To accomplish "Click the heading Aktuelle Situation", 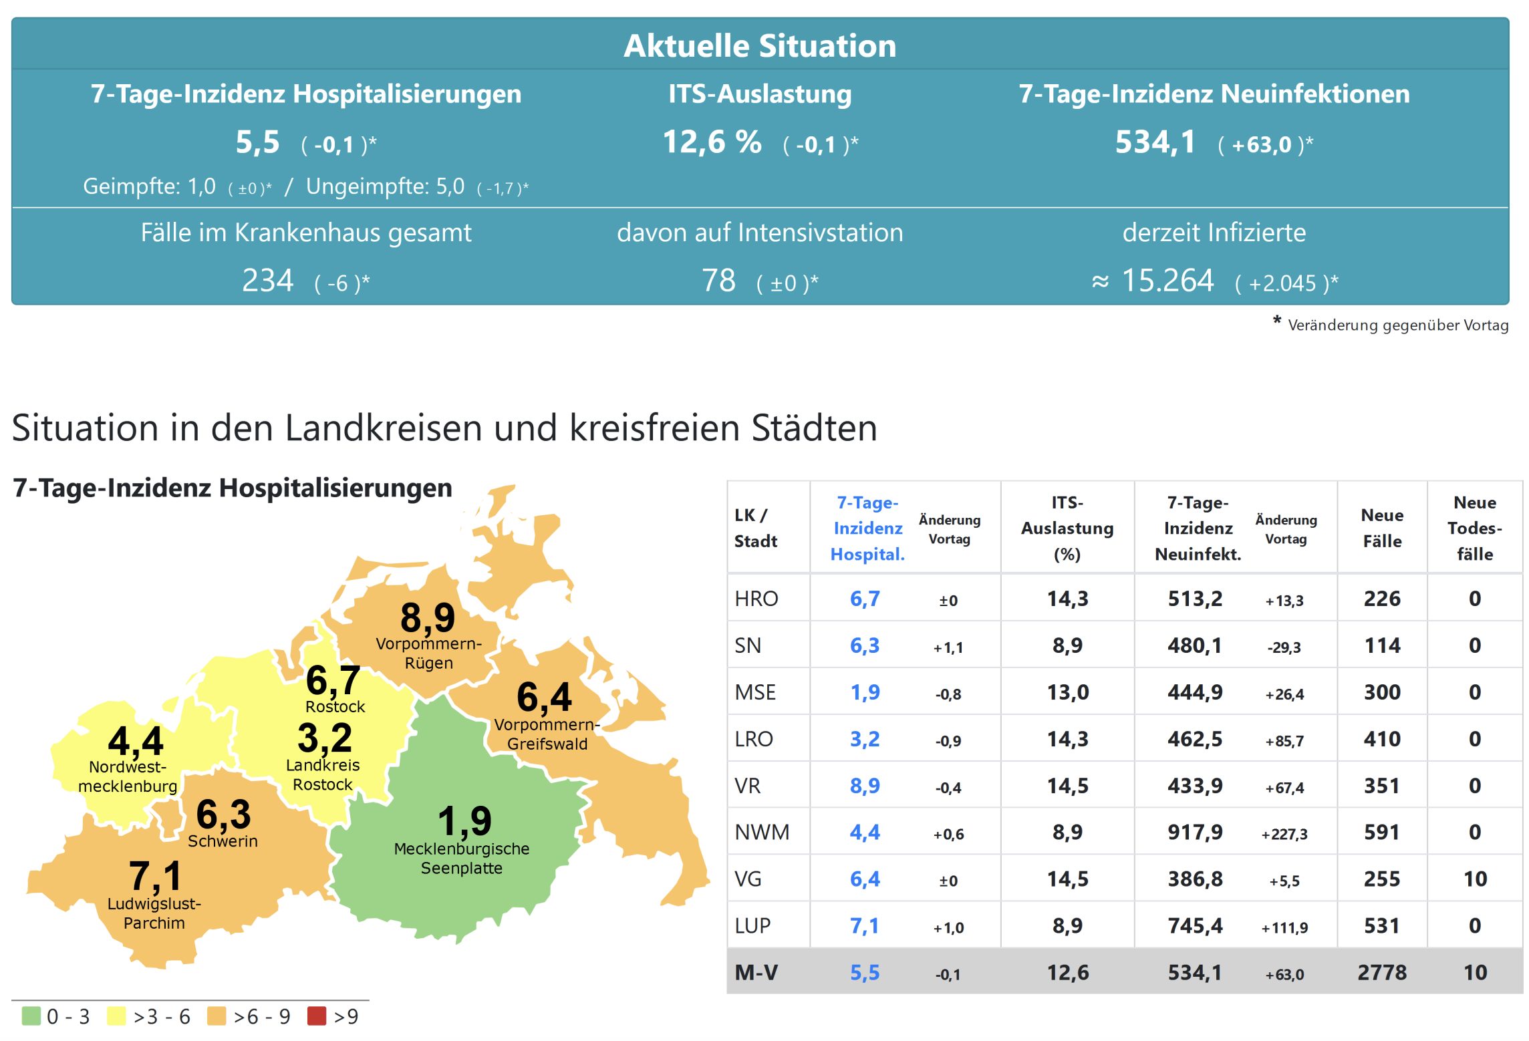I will (759, 46).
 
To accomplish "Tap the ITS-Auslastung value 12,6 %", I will (712, 142).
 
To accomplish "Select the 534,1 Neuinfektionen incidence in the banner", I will (1155, 142).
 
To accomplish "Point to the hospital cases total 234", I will (267, 281).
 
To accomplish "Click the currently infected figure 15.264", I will (1167, 281).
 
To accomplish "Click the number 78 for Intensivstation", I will (718, 281).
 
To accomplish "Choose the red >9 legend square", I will (316, 1016).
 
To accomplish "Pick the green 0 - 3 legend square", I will (31, 1016).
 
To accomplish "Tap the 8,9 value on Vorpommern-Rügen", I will (428, 617).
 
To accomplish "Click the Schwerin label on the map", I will (223, 841).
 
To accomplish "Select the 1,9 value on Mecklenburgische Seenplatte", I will (464, 821).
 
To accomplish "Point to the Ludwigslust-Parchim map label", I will (154, 913).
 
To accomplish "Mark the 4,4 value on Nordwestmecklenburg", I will (136, 741).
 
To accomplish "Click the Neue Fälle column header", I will (1381, 528).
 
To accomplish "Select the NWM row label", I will (762, 832).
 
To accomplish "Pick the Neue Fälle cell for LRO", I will (1381, 739).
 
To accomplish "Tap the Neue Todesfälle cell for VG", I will (1475, 879).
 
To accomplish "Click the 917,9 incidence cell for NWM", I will (1195, 832).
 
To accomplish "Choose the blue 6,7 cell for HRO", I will (865, 599).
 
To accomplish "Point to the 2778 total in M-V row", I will (1381, 972).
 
